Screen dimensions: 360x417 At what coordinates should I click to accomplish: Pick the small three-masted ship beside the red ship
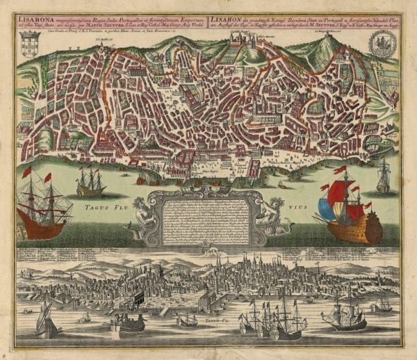click(x=91, y=183)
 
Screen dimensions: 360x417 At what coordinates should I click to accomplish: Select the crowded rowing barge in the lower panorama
click(x=129, y=322)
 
